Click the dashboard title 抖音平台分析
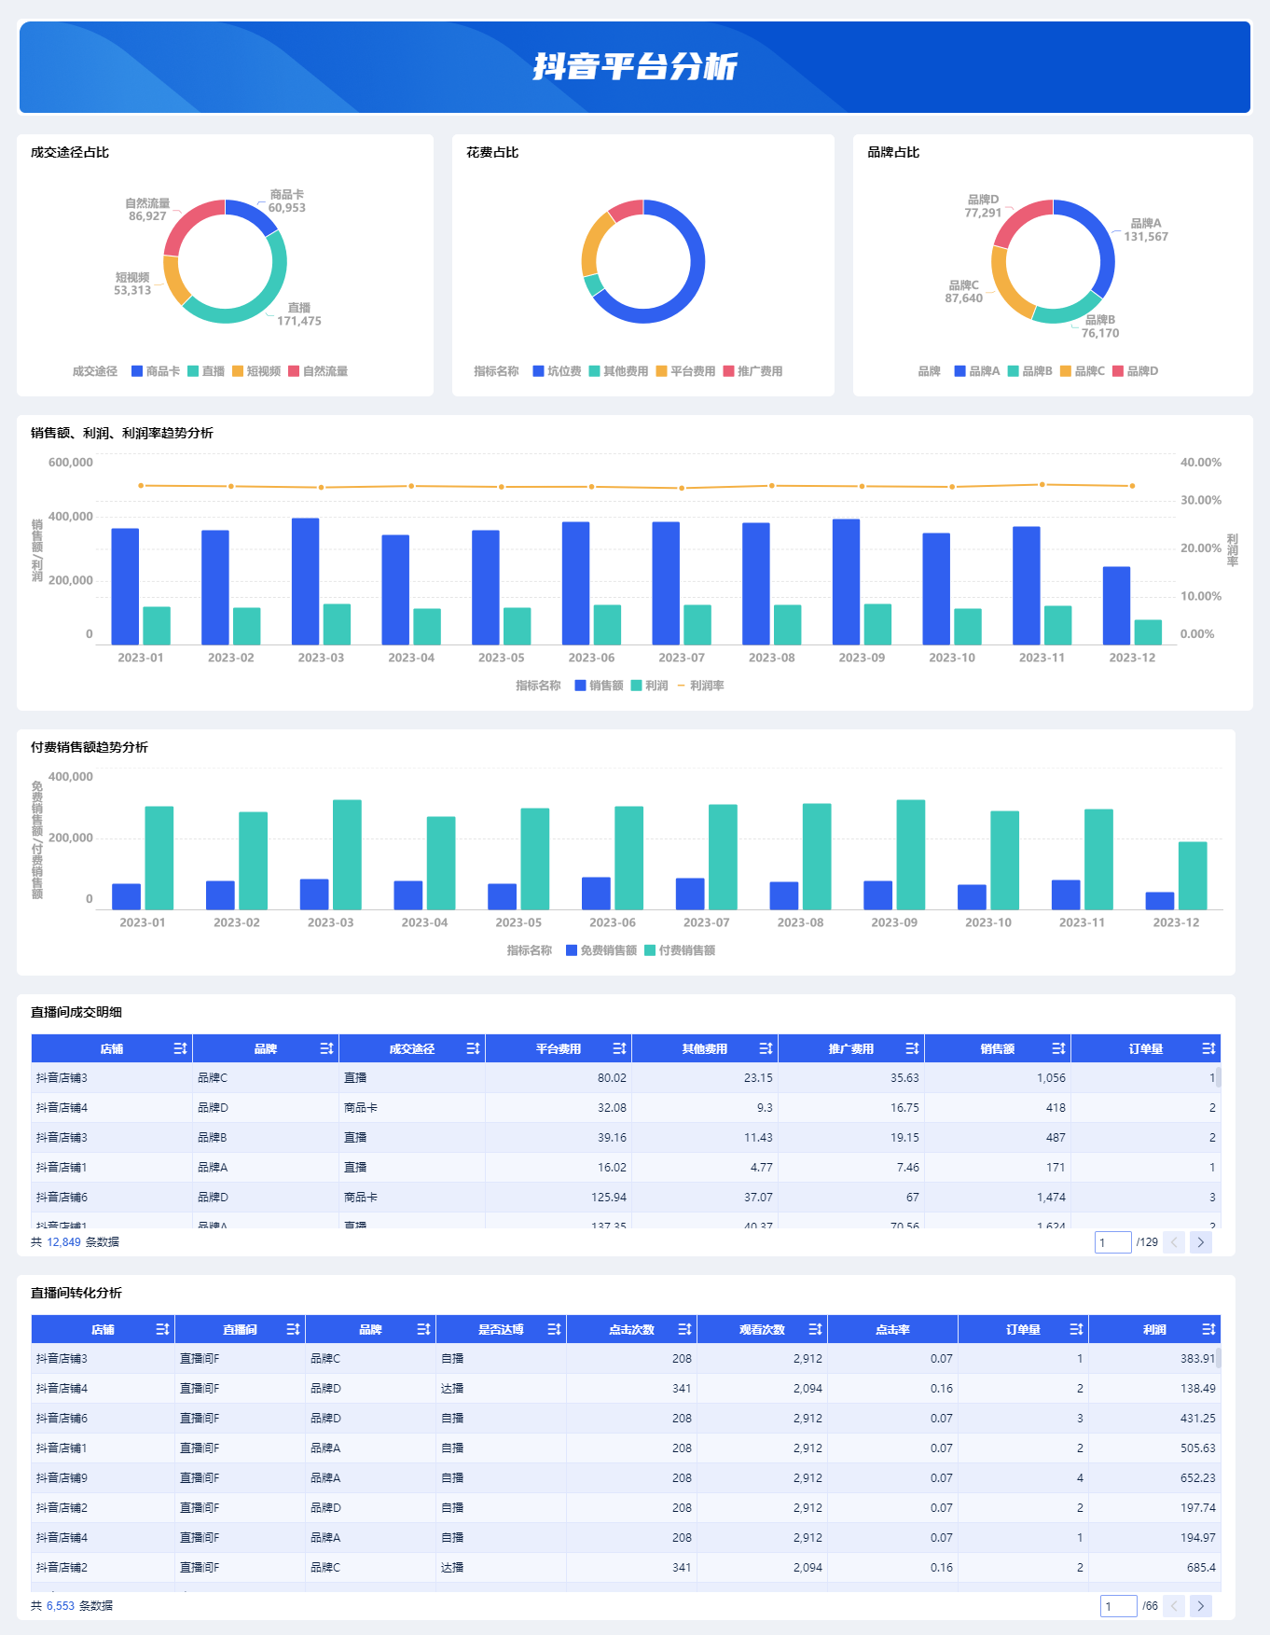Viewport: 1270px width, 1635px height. (x=635, y=67)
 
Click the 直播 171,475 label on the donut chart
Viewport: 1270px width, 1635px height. (x=298, y=314)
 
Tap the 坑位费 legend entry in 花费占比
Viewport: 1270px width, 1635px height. (x=557, y=371)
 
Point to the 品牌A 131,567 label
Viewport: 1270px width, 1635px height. (x=1145, y=230)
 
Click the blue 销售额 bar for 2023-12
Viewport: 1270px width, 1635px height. (x=1116, y=605)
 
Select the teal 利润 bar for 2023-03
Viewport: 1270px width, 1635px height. (x=337, y=624)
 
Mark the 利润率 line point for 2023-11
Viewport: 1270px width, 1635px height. (x=1042, y=485)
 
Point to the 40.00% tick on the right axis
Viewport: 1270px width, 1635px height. (x=1200, y=463)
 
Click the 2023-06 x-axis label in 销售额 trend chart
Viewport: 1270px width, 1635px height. (x=591, y=658)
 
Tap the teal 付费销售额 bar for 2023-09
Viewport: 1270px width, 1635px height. (x=910, y=854)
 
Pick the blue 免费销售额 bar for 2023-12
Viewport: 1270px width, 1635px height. (x=1160, y=901)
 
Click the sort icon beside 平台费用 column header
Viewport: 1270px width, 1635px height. (x=619, y=1049)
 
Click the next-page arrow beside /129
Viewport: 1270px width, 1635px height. (x=1201, y=1242)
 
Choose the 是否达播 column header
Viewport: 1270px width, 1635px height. (x=501, y=1330)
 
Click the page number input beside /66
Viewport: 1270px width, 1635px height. (x=1118, y=1606)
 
